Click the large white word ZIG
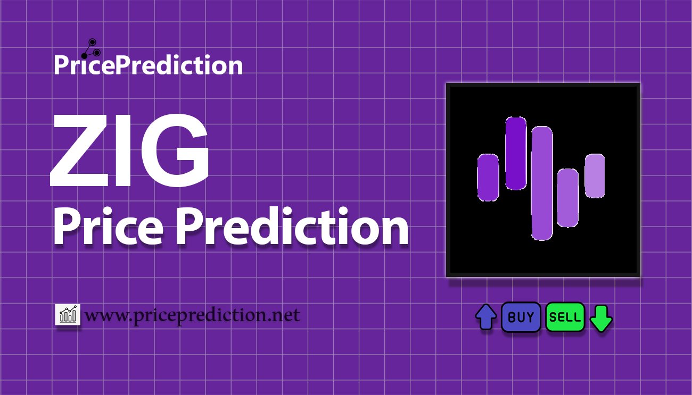pyautogui.click(x=129, y=150)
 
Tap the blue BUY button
pyautogui.click(x=521, y=317)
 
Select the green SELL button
pyautogui.click(x=565, y=317)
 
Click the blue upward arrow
pyautogui.click(x=486, y=317)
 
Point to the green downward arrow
pyautogui.click(x=601, y=318)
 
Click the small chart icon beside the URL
pyautogui.click(x=68, y=314)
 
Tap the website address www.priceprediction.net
pyautogui.click(x=192, y=315)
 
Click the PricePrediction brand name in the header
pyautogui.click(x=149, y=64)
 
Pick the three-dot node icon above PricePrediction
pyautogui.click(x=91, y=49)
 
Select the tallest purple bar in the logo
pyautogui.click(x=542, y=183)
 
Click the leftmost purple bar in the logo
pyautogui.click(x=488, y=178)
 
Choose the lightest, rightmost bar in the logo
pyautogui.click(x=595, y=175)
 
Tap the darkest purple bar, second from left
pyautogui.click(x=516, y=153)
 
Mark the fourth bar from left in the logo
pyautogui.click(x=568, y=198)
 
